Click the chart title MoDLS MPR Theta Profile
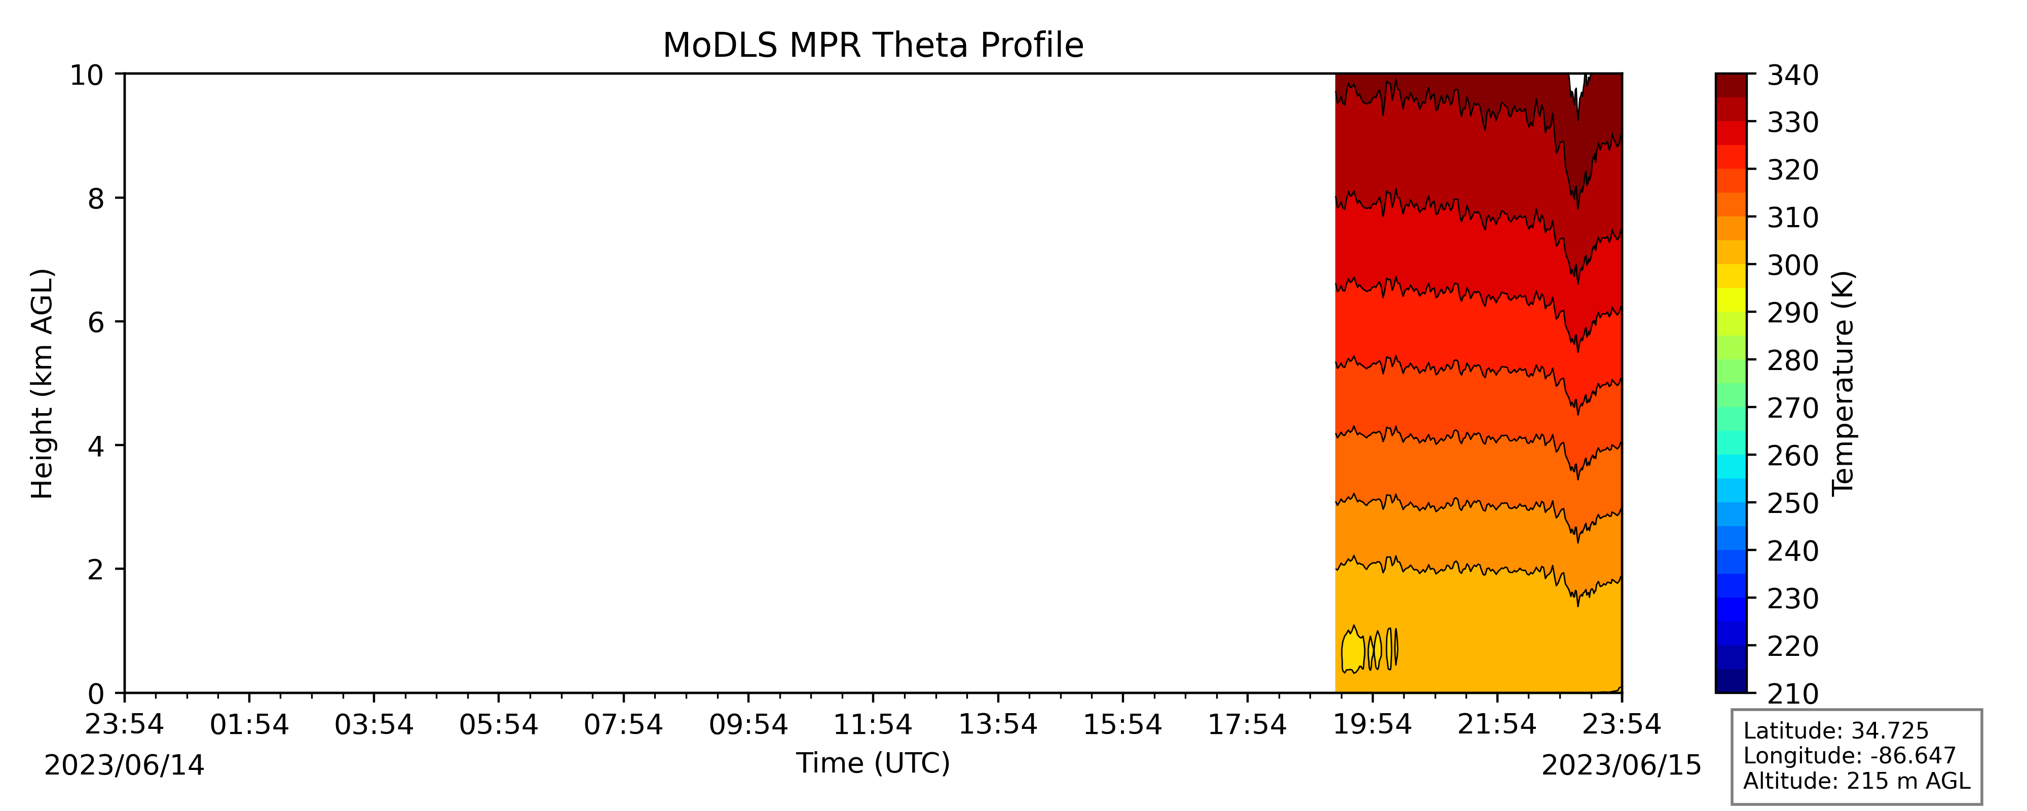pos(873,45)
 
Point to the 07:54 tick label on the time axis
pos(623,724)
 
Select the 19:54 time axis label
pos(1372,724)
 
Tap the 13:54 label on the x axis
pos(998,724)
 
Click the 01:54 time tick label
pos(249,724)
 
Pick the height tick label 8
pos(96,198)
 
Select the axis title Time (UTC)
pos(873,763)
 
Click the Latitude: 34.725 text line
pos(1836,731)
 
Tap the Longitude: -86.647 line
pos(1849,756)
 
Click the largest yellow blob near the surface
pos(1353,650)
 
